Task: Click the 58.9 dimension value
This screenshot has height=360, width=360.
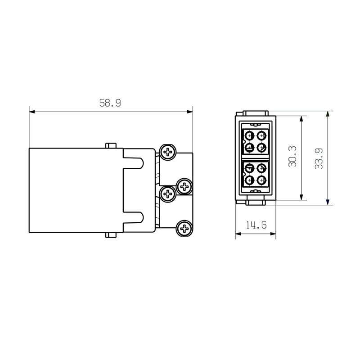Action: pos(110,103)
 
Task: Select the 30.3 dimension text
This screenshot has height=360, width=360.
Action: pos(292,157)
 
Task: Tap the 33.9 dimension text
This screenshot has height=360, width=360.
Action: pos(319,159)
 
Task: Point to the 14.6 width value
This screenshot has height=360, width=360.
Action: pos(256,225)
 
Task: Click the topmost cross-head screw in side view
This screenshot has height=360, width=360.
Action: pos(168,152)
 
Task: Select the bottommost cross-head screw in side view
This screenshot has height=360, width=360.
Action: pos(184,229)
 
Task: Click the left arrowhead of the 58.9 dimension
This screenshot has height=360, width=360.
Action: pos(32,112)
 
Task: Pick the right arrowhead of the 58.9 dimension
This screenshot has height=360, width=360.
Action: pos(190,112)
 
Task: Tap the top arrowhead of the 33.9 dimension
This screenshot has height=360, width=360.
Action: pos(328,114)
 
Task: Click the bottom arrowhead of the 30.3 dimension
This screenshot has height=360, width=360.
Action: pos(301,197)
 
